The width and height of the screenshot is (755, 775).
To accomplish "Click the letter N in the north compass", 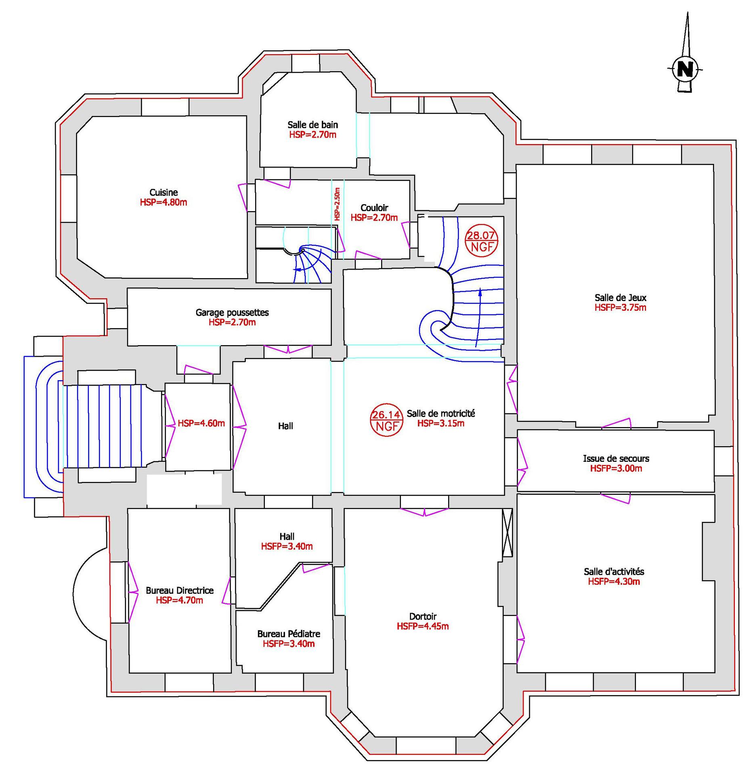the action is [685, 69].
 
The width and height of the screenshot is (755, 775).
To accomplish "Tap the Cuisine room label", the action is [164, 193].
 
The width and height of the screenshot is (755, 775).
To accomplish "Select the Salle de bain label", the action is [312, 125].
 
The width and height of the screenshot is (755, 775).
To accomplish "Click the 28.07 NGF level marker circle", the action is [482, 241].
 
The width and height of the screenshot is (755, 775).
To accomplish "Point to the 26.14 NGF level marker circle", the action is [386, 420].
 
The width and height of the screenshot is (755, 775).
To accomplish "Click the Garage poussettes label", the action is [232, 312].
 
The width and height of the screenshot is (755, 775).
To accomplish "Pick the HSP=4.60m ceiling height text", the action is [201, 423].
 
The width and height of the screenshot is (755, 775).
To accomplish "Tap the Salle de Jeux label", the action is [621, 298].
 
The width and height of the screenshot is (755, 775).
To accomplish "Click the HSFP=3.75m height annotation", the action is [621, 308].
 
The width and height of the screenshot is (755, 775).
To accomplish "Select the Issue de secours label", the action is [616, 459].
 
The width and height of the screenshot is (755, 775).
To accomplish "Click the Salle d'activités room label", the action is [614, 572].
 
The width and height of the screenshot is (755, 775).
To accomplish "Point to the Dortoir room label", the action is [423, 616].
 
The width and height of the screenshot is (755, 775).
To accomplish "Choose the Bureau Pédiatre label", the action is [289, 634].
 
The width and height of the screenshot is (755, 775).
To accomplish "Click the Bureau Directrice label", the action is [180, 591].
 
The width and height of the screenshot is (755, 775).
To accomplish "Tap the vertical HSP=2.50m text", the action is [337, 204].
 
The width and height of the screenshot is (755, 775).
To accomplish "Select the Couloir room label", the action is [374, 208].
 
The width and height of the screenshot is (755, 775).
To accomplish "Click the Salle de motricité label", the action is [441, 413].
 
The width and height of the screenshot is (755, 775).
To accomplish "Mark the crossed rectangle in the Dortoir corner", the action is [507, 532].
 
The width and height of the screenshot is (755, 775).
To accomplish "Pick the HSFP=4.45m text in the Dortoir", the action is [423, 626].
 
